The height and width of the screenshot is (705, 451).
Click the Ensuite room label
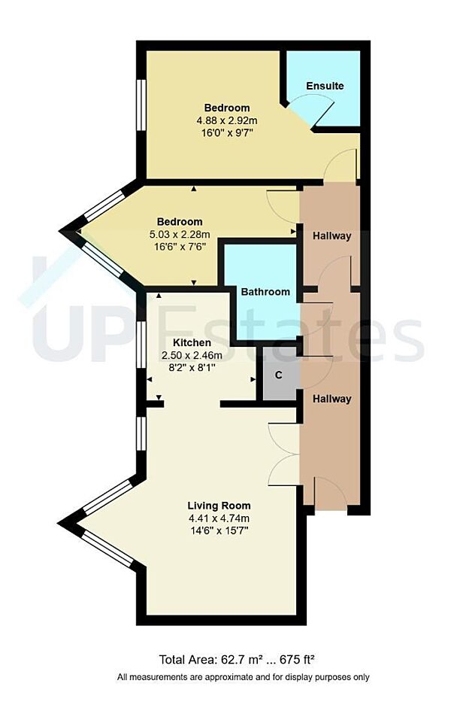coord(325,86)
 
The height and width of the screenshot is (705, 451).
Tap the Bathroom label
coord(265,292)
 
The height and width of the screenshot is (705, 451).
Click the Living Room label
coord(219,506)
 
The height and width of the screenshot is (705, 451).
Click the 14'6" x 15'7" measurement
coord(219,530)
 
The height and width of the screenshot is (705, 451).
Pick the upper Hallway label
coord(331,236)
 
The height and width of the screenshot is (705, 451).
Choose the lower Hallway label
coord(331,399)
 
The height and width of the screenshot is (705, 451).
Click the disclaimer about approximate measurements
coord(244,677)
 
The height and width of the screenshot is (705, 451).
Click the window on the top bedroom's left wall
coord(140,105)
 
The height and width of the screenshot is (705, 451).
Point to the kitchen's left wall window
coord(141,344)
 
